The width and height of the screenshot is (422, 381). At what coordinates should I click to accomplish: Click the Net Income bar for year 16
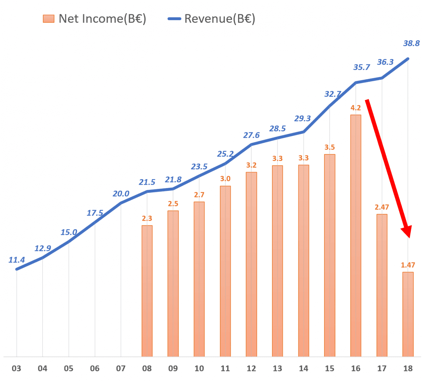(356, 236)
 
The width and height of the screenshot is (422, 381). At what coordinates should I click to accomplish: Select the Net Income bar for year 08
(147, 291)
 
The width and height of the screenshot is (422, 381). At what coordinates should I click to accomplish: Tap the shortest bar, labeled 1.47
(408, 314)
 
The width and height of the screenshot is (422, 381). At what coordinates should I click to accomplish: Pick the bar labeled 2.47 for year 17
(382, 285)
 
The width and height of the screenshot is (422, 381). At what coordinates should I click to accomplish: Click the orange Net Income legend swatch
(48, 19)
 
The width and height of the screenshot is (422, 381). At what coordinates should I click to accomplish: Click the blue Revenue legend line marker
(174, 19)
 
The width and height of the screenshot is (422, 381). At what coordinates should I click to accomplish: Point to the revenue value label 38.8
(411, 43)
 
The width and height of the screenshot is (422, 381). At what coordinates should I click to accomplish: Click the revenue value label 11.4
(16, 260)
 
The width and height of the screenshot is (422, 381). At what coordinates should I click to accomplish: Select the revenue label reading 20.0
(121, 194)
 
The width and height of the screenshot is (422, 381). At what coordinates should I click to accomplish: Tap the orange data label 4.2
(356, 108)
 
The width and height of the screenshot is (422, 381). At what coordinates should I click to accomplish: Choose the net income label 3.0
(225, 179)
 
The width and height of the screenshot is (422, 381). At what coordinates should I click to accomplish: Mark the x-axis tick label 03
(16, 368)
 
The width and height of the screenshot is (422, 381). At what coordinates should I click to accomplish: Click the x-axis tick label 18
(408, 368)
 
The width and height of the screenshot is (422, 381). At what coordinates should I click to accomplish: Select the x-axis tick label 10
(199, 368)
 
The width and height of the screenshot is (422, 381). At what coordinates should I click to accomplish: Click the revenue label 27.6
(251, 135)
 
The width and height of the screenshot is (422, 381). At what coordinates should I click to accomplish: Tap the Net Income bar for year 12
(251, 264)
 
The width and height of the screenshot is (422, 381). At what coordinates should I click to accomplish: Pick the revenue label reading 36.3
(385, 62)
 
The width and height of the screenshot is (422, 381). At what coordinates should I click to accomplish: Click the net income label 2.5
(173, 204)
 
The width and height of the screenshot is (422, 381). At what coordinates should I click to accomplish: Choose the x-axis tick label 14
(304, 368)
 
